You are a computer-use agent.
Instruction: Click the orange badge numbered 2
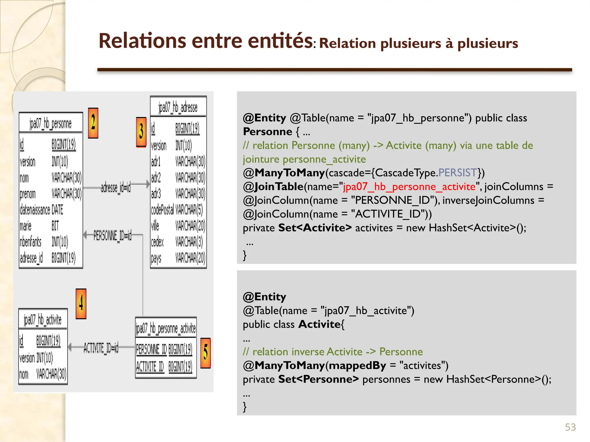point(93,123)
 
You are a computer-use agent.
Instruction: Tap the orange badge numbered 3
point(141,132)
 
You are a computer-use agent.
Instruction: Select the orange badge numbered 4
point(81,304)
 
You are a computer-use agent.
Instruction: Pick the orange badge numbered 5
point(205,353)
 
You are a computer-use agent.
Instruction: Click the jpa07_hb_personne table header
point(51,123)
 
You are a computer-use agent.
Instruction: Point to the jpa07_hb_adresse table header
point(178,107)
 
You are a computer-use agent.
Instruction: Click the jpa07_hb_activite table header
point(43,320)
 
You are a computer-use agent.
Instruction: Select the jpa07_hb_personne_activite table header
point(166,328)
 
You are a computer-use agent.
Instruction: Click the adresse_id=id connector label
point(116,188)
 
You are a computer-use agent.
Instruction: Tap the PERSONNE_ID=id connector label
point(112,236)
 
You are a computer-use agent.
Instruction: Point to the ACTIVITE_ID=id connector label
point(101,348)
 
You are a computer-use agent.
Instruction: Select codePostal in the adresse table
point(162,210)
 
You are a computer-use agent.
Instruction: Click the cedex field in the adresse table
point(157,242)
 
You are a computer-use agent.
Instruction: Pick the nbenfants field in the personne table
point(31,242)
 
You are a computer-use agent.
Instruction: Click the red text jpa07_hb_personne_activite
point(409,187)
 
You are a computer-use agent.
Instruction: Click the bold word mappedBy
point(357,365)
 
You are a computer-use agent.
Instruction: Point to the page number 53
point(570,427)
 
